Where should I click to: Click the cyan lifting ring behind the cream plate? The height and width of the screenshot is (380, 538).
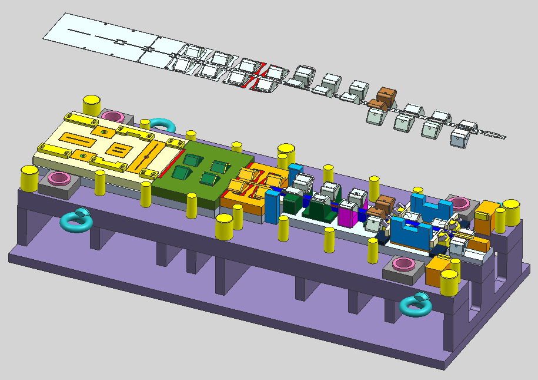point(161,124)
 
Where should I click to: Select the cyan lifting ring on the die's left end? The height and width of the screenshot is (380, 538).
point(77,220)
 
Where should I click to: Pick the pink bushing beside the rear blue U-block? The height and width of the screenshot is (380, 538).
point(459,204)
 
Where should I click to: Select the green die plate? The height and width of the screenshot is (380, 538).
point(197,171)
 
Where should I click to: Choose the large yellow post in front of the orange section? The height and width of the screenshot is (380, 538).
point(225,227)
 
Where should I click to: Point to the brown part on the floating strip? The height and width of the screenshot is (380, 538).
point(386,97)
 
